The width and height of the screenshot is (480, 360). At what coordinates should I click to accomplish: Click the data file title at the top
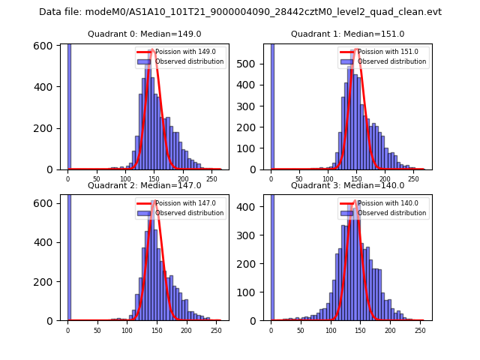click(x=240, y=12)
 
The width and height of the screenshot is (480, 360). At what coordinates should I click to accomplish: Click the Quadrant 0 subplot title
click(x=144, y=34)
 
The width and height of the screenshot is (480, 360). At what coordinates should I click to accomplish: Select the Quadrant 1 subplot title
click(x=347, y=34)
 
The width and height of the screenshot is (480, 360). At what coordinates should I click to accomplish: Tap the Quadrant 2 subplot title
click(x=144, y=185)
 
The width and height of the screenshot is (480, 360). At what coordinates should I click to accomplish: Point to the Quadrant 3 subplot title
click(x=347, y=185)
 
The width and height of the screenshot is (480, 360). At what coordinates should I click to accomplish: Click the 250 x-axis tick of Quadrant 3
click(x=419, y=330)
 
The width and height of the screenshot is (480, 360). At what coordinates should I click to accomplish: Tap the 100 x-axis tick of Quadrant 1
click(x=328, y=179)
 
